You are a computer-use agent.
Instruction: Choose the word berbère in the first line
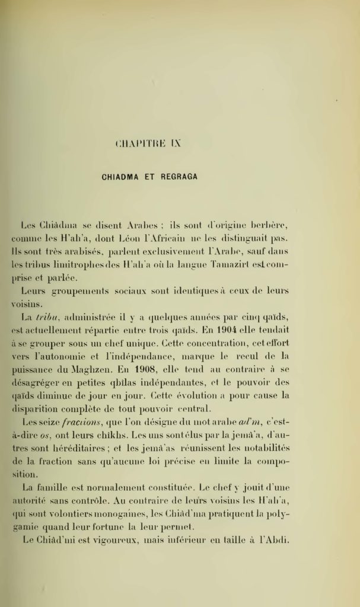point(267,226)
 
